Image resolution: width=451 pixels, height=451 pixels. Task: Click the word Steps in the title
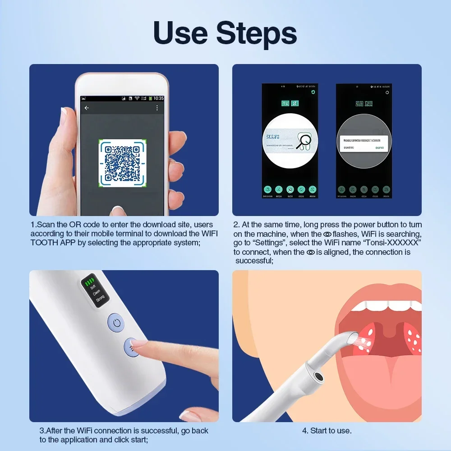click(x=256, y=33)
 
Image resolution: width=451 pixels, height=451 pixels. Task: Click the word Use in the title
click(x=180, y=33)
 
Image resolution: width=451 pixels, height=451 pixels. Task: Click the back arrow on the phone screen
click(x=87, y=108)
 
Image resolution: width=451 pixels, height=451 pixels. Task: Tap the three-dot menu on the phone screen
click(x=157, y=108)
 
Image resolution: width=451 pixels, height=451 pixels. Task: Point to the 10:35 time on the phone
click(x=158, y=98)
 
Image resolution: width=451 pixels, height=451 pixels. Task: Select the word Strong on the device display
click(x=100, y=297)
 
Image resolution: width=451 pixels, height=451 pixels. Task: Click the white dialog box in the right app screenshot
click(x=364, y=143)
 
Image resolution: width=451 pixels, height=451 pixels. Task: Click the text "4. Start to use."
click(x=327, y=431)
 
